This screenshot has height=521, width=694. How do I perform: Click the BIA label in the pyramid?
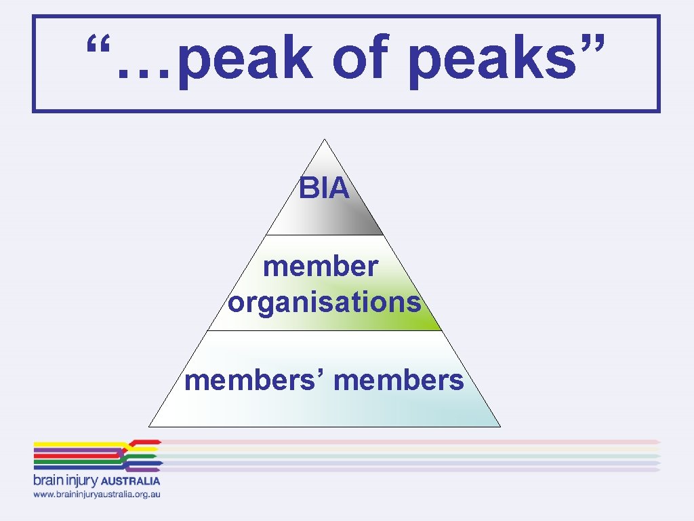(x=324, y=189)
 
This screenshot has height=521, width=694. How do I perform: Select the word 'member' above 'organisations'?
(x=320, y=266)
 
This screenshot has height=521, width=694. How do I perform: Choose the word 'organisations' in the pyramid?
(x=324, y=302)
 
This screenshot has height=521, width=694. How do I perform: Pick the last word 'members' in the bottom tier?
(x=399, y=381)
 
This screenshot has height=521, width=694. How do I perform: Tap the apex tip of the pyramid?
(x=325, y=140)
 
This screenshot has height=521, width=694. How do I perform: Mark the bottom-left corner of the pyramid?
(x=150, y=425)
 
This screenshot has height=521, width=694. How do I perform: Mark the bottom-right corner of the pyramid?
(x=499, y=425)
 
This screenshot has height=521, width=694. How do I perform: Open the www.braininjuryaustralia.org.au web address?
(x=97, y=495)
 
